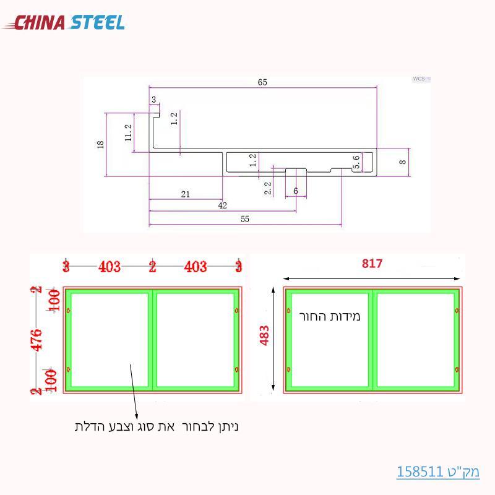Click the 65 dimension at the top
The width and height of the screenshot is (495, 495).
pos(262,82)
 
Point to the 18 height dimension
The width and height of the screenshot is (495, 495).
pos(101,144)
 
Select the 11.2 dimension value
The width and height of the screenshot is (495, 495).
pos(129,133)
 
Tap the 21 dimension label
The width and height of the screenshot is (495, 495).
pos(185,194)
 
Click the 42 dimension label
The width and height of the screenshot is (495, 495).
pos(222,205)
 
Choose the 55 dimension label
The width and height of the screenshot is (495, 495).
pos(244,219)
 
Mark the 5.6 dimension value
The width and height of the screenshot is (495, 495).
pos(356,162)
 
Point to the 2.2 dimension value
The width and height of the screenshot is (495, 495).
pos(268,188)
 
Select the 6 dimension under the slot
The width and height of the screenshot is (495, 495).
pos(296,191)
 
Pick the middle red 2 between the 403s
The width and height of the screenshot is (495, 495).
pos(152,267)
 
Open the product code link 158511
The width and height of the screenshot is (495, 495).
pos(438,471)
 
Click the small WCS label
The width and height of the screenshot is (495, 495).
pos(419,79)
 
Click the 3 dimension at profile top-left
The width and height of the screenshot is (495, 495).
pos(153,99)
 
